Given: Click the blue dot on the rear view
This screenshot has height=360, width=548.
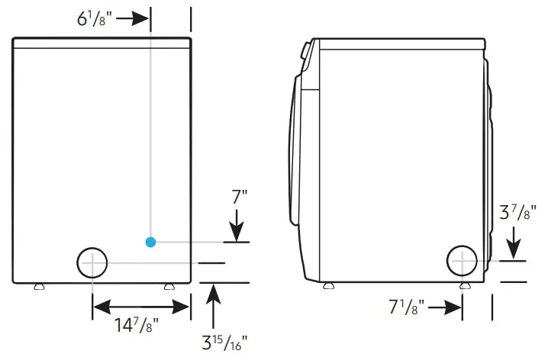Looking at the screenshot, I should point(150,242).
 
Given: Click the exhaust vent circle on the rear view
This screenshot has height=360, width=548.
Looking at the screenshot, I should point(92,262).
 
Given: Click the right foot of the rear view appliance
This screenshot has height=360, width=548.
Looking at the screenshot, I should point(168,286).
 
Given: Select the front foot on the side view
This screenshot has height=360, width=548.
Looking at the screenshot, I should point(328,286).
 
